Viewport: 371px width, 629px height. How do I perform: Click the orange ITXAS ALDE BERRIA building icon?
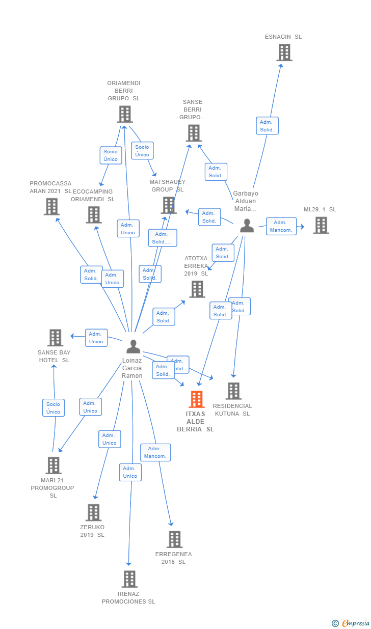[197, 399]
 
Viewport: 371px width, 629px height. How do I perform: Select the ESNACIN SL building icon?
[284, 52]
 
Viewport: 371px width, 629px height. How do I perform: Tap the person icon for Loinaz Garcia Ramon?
[133, 346]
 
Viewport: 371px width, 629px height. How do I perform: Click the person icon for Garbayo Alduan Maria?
[247, 225]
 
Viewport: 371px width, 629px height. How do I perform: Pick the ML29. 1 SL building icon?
[321, 225]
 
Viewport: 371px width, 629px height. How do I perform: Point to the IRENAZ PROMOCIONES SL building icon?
[129, 579]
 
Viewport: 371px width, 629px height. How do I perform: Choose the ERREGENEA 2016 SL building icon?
[174, 539]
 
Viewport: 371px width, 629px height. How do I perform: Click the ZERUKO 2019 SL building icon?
[93, 512]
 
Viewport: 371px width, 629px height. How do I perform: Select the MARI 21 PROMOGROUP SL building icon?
[54, 466]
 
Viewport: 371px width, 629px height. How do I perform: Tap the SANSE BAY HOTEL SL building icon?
[55, 338]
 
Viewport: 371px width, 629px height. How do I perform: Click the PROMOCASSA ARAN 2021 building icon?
[51, 206]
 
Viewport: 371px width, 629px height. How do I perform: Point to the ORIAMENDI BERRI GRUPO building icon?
[124, 114]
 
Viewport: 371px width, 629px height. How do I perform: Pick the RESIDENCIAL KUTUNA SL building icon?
[233, 391]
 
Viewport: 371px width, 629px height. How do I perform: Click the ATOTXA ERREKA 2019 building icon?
[197, 289]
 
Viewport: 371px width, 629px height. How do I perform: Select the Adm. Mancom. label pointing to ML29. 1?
[281, 226]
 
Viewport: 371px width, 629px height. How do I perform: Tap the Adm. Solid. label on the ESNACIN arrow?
[267, 126]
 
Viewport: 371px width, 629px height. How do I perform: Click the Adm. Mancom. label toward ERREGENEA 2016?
[155, 452]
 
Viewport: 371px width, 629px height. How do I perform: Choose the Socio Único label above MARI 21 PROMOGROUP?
[54, 408]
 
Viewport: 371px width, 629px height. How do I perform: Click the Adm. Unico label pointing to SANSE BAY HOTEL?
[96, 338]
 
